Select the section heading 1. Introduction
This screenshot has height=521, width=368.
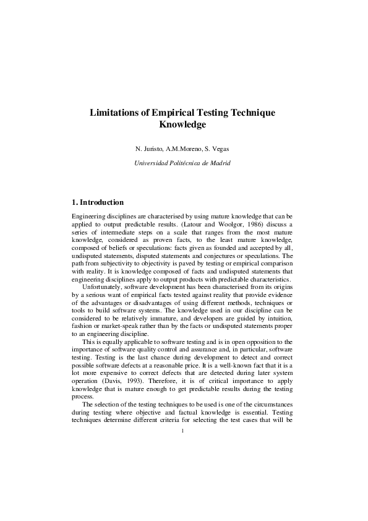98,202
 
